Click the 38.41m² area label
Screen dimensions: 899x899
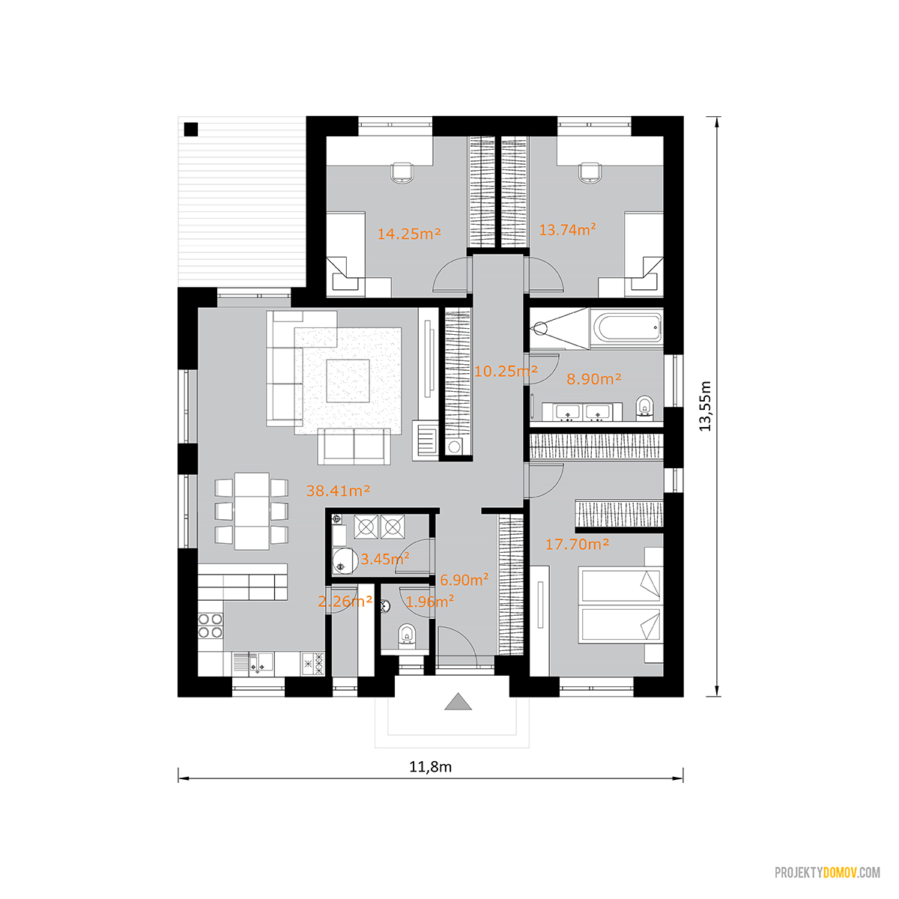coord(338,491)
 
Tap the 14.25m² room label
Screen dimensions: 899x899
coord(409,233)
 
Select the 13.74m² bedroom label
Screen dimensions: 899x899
coord(567,229)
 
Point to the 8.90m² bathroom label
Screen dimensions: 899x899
coord(593,378)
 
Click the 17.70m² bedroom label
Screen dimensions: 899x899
coord(577,544)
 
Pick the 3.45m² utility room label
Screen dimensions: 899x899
coord(385,558)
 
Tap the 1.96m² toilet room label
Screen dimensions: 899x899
coord(430,602)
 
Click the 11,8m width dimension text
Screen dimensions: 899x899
coord(430,767)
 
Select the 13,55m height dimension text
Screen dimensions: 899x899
coord(705,406)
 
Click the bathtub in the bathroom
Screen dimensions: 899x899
coord(626,327)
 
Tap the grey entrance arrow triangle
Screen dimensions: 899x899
coord(458,701)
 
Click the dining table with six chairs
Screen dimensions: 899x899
coord(252,511)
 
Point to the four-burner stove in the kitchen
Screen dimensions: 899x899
coord(211,626)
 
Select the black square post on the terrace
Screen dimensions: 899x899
coord(191,129)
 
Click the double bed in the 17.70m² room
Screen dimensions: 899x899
coord(620,605)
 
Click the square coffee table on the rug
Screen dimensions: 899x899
coord(348,381)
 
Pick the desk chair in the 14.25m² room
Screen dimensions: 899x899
coord(402,172)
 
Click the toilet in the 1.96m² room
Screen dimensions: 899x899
coord(408,636)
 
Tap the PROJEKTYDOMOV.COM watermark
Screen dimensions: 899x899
coord(827,873)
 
